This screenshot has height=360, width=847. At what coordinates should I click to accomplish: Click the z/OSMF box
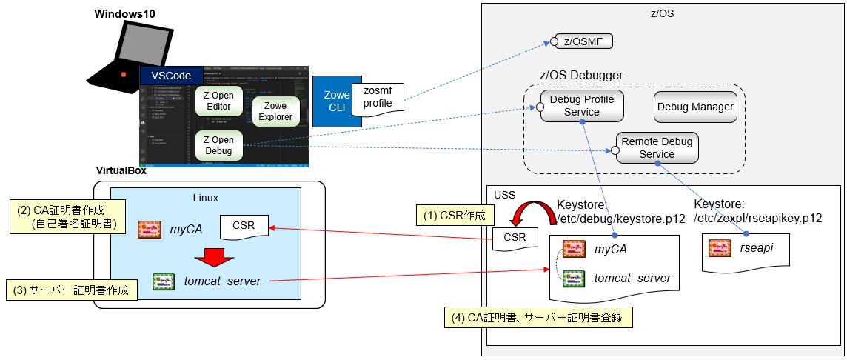[583, 41]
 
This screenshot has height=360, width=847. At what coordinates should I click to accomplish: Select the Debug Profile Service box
[581, 105]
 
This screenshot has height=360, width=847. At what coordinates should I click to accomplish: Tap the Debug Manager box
[694, 107]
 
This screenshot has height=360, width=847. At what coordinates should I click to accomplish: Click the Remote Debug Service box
[657, 148]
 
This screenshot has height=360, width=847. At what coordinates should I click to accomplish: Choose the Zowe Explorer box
[275, 111]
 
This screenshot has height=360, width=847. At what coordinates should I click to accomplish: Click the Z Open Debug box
[219, 145]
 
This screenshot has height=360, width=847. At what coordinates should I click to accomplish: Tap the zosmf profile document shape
[378, 97]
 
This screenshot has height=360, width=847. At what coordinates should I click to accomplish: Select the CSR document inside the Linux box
[244, 226]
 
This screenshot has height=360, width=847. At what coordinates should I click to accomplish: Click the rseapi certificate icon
[721, 248]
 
